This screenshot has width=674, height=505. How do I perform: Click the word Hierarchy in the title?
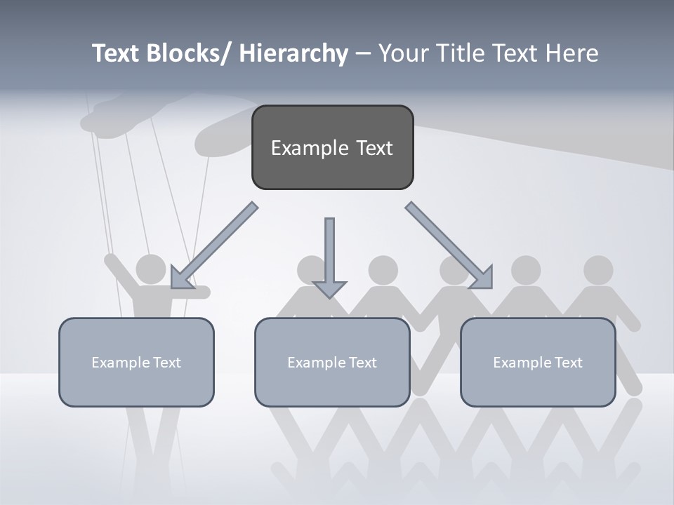(x=293, y=53)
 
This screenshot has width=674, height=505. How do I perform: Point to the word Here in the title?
(x=571, y=53)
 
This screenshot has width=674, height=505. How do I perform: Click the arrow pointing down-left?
(x=213, y=246)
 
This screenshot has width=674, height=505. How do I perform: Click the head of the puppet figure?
(x=150, y=269)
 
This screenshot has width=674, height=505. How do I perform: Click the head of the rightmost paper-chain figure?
(x=598, y=270)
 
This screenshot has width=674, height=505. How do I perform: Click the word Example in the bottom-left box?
(x=117, y=363)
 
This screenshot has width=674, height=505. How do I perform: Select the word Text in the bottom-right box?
(x=567, y=363)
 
